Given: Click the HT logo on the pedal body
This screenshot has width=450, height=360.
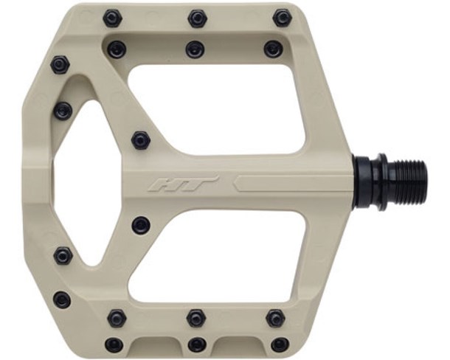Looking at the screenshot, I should point(183,183).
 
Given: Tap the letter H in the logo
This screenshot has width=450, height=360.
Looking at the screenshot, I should point(169,183).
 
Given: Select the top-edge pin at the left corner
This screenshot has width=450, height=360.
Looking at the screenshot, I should point(113,17).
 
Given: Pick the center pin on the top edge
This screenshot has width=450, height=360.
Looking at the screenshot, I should point(197,17).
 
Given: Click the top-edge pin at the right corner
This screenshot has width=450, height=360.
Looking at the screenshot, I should point(281,17).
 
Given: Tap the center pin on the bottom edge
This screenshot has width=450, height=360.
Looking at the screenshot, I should point(197,344).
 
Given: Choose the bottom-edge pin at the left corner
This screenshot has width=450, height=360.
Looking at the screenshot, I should point(114,344).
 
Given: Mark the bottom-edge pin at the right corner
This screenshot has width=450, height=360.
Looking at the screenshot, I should point(280,344).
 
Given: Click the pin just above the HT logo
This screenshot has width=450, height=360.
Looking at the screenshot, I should point(141,139).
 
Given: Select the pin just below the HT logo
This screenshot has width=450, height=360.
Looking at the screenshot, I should point(141,224).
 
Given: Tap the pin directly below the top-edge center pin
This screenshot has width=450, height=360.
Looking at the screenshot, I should point(195,49).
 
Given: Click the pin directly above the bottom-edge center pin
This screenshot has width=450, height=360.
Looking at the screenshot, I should point(195,318).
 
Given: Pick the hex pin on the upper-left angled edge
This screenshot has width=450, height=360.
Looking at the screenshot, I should point(60,65).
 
